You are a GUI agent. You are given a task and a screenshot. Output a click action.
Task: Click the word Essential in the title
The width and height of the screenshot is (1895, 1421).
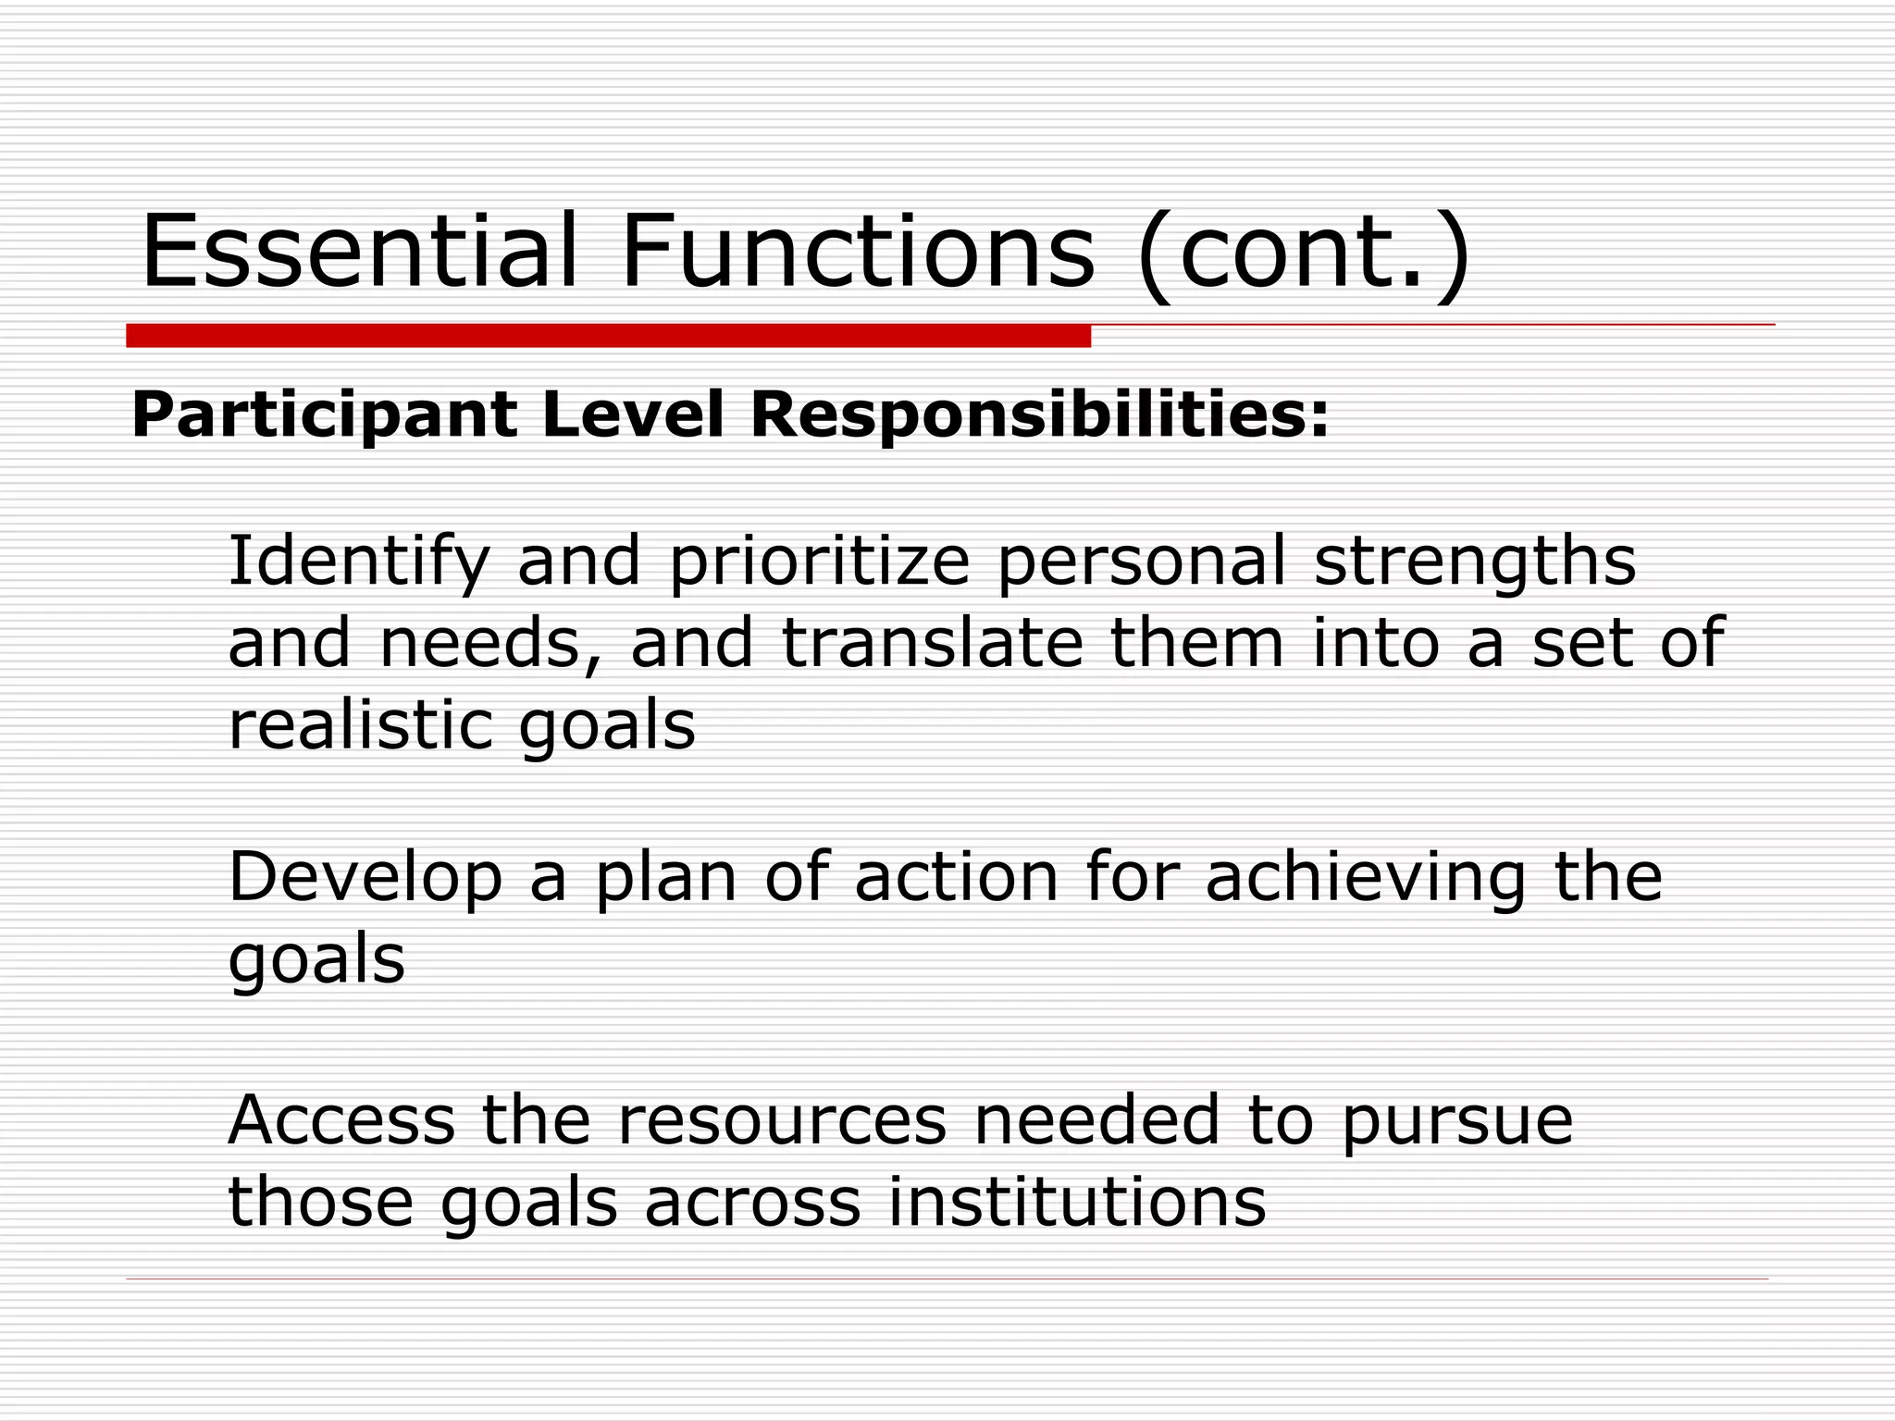(359, 252)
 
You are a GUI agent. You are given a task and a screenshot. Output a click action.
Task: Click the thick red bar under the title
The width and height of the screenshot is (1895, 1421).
(608, 336)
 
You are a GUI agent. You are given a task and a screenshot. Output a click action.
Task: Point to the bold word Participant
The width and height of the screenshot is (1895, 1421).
(324, 415)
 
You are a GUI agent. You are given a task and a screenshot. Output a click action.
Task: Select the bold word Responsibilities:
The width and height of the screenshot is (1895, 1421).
(1039, 415)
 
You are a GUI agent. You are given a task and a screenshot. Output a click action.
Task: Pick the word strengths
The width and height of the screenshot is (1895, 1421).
(1474, 562)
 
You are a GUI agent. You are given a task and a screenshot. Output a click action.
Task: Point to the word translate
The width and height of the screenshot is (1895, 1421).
(932, 643)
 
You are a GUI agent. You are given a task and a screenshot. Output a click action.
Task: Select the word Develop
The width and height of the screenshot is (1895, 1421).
(365, 878)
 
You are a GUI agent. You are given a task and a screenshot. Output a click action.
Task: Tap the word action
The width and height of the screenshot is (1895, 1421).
(956, 876)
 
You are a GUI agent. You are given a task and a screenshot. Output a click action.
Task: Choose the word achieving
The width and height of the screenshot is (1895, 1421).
(1365, 878)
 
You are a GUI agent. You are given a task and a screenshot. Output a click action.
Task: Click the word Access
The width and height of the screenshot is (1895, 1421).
(341, 1119)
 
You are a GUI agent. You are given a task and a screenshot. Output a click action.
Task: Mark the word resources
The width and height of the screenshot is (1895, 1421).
(782, 1121)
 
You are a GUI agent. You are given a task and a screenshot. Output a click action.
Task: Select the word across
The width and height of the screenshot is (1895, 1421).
(752, 1203)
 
